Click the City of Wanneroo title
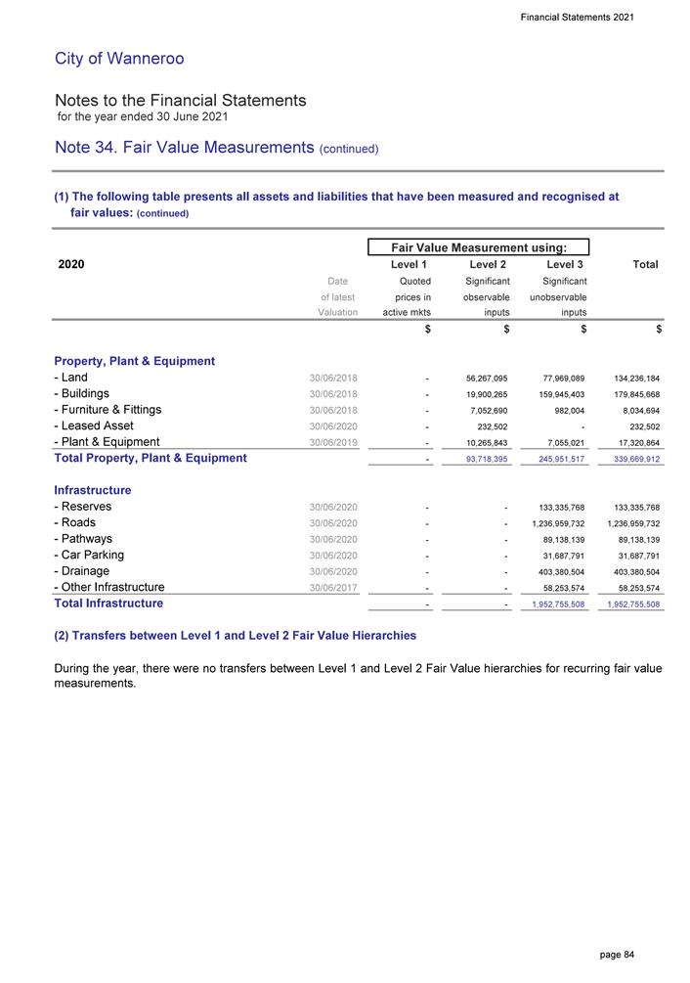click(119, 59)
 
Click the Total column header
click(645, 264)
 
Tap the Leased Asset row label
click(94, 425)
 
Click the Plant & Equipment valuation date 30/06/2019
click(333, 442)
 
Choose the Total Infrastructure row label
click(108, 603)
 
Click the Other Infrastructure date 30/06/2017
click(333, 588)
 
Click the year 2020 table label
click(71, 264)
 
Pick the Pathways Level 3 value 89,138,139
click(559, 540)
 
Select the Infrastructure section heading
click(93, 490)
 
